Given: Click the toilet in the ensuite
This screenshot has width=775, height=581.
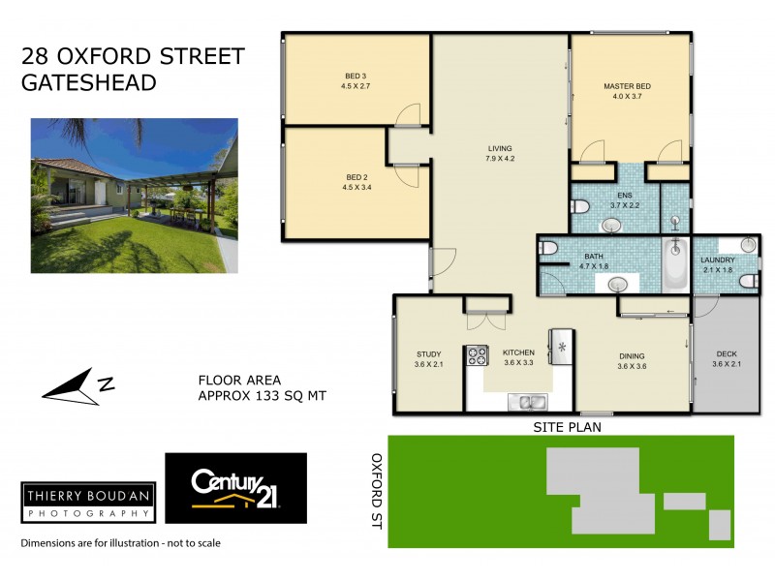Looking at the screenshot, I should (580, 206).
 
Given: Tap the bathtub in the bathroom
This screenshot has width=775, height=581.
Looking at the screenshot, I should (674, 263).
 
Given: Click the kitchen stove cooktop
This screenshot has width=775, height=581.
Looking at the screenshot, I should (478, 355).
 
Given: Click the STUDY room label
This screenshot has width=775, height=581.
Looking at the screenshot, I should (429, 359).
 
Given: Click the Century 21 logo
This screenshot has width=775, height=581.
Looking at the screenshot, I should (235, 488).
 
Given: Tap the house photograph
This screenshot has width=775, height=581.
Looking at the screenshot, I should (134, 182).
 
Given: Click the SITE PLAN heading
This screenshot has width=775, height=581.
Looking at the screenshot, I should (562, 426).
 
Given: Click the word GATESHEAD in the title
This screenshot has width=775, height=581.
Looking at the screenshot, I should (89, 83).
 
